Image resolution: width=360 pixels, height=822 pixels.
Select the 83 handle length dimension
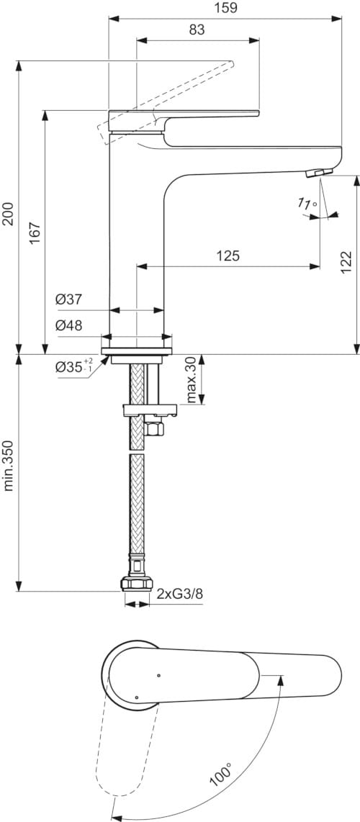197,30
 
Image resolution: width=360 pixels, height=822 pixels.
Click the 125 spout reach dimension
228,256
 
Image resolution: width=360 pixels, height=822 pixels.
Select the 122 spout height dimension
346,261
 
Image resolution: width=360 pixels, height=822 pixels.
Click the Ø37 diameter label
68,300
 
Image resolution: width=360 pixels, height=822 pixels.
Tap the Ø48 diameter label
68,325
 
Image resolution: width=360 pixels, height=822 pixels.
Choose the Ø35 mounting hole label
74,366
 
